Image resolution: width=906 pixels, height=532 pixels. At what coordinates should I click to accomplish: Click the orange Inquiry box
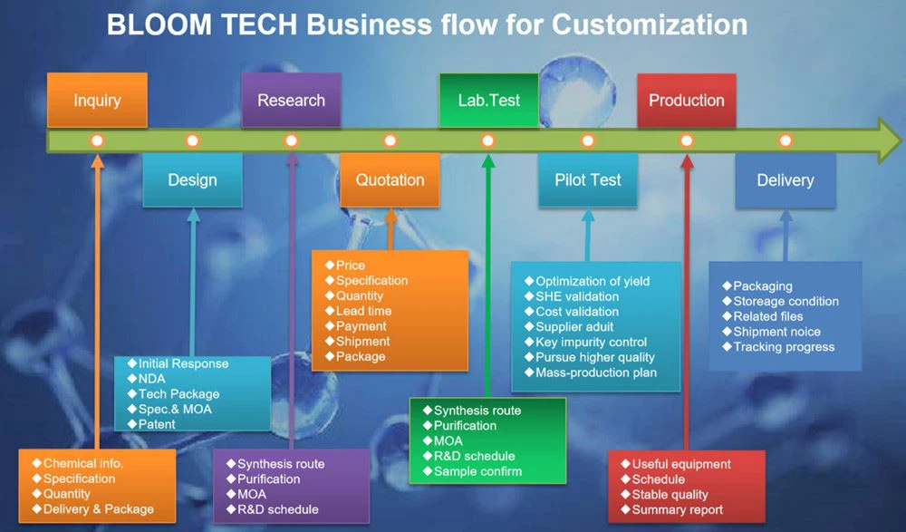point(97,100)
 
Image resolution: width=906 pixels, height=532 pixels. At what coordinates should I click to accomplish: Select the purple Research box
point(291,100)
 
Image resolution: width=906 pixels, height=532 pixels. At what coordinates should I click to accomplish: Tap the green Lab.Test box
point(488,100)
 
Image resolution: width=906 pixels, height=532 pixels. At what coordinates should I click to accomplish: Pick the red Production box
point(686,100)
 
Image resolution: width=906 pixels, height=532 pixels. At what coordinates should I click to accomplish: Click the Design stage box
point(192,179)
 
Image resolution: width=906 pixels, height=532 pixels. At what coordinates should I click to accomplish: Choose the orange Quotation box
point(390,179)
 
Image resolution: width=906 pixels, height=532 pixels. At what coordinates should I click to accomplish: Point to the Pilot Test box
point(588,179)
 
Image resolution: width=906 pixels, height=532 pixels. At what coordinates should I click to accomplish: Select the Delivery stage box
point(785,179)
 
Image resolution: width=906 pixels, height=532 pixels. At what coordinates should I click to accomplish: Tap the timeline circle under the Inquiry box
point(97,140)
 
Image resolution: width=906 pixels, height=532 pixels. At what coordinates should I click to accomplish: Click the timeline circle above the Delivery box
point(785,140)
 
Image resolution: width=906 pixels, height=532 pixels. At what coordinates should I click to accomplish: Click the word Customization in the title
point(650,24)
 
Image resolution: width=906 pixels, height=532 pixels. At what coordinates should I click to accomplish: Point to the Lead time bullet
point(363,311)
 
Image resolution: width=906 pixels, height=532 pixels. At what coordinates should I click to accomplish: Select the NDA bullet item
point(151,379)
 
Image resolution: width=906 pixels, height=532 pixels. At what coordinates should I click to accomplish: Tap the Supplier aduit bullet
point(573,326)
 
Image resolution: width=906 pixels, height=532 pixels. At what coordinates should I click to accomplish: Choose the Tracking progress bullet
point(783,347)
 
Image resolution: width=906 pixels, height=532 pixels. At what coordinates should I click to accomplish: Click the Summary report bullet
point(677,509)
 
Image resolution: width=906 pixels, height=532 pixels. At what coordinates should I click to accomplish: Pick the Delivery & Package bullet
point(98,509)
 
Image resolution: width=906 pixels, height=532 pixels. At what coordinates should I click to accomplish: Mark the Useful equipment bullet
point(680,464)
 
